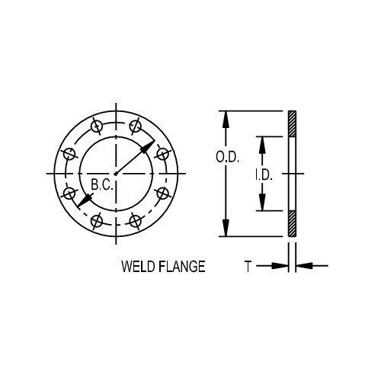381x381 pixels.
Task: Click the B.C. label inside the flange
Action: [101, 185]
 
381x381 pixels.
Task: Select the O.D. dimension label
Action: [228, 158]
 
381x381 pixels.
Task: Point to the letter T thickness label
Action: [248, 266]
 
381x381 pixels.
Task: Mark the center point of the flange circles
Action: [116, 174]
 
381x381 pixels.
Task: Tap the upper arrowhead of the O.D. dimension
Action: [224, 117]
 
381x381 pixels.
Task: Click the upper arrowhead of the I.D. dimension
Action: [261, 142]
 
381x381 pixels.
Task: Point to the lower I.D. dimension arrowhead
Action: [261, 205]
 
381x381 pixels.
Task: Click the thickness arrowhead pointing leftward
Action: [300, 266]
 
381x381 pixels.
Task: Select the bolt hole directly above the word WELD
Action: [135, 221]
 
